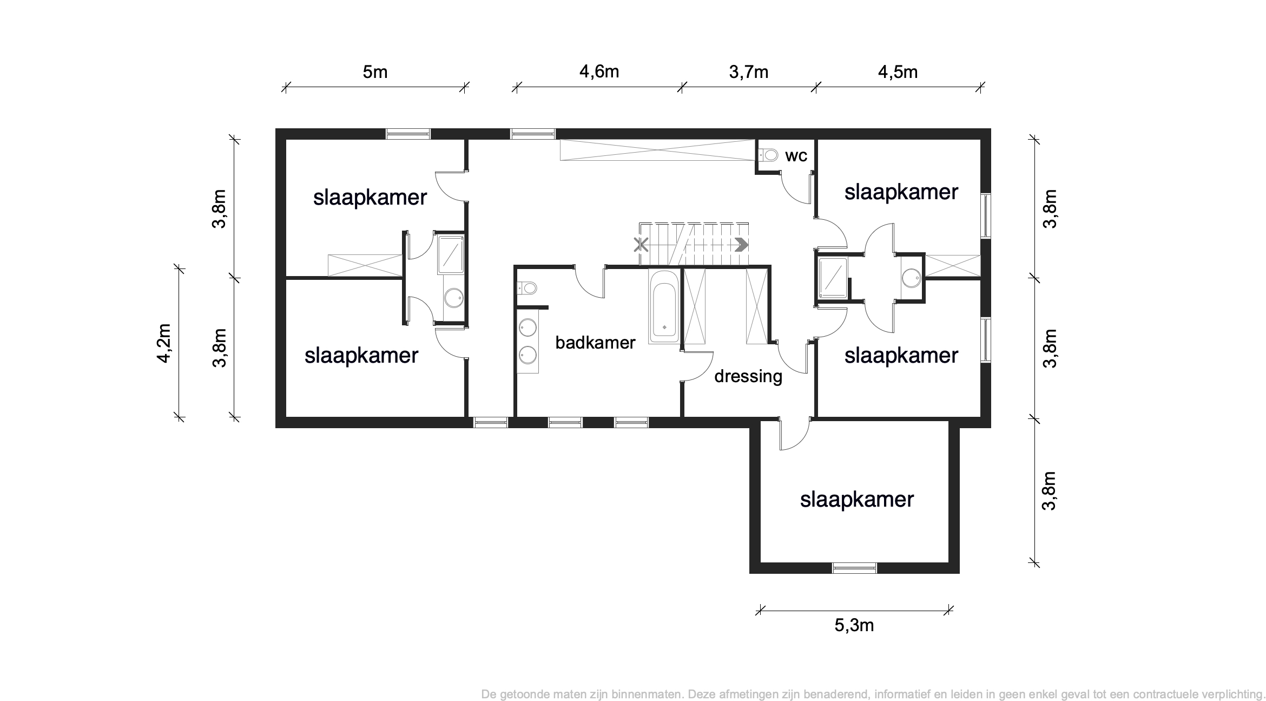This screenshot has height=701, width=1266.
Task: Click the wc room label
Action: tap(796, 156)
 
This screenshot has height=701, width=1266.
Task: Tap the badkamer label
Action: tap(595, 343)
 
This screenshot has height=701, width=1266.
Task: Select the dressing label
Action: tap(748, 376)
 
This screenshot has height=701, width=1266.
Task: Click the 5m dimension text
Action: tap(375, 72)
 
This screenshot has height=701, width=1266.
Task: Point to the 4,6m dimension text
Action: tap(599, 72)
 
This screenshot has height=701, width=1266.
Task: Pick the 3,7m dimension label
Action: tap(749, 72)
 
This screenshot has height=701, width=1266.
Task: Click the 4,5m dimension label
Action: tap(898, 72)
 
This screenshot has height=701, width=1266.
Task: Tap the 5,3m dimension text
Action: tap(854, 625)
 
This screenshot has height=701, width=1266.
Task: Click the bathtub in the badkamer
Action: tap(664, 306)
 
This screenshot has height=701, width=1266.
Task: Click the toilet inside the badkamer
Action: tap(526, 287)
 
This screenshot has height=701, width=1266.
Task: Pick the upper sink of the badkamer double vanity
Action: tap(527, 327)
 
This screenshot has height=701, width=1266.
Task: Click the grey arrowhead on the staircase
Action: tap(742, 245)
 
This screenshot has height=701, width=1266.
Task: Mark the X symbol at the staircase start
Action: tap(641, 245)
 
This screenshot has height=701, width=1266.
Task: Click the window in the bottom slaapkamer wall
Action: tap(854, 568)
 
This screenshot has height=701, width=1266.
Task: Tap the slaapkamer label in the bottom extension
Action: tap(857, 500)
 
